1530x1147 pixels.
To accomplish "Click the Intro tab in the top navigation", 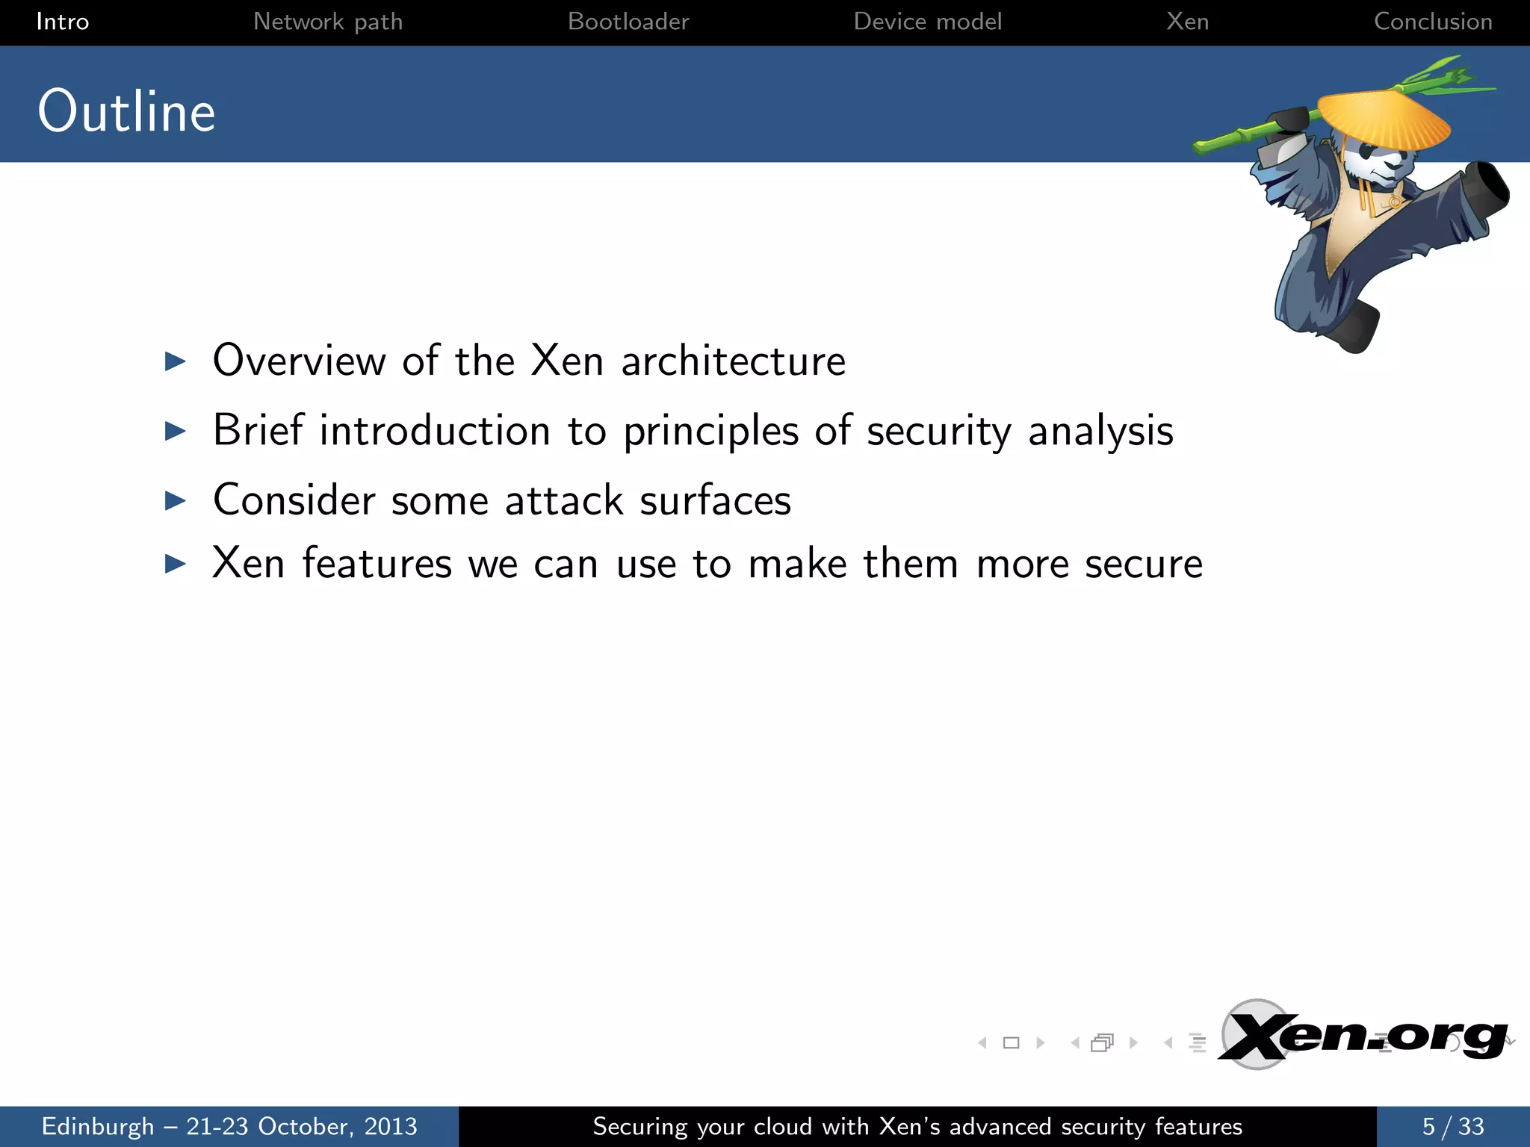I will pos(63,22).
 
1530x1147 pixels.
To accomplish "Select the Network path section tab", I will pos(328,22).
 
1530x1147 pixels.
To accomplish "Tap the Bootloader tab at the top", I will pos(628,22).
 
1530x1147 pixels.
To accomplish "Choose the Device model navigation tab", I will pos(927,22).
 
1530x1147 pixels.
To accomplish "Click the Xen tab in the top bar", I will pos(1187,22).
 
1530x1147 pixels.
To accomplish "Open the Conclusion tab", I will pos(1432,22).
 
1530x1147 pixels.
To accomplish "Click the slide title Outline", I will pos(127,111).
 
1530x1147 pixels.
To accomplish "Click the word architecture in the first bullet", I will pos(733,361).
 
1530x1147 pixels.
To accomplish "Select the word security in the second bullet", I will pos(938,431).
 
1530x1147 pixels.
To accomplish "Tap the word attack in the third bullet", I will pos(564,500).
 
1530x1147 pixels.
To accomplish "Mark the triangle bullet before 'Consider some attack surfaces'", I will pos(175,500).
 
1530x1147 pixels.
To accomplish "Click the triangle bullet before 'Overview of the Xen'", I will pos(175,361).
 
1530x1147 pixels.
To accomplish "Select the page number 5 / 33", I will pos(1452,1126).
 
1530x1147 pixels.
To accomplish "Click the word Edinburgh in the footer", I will pos(98,1126).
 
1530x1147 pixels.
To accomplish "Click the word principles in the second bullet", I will pos(710,431).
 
